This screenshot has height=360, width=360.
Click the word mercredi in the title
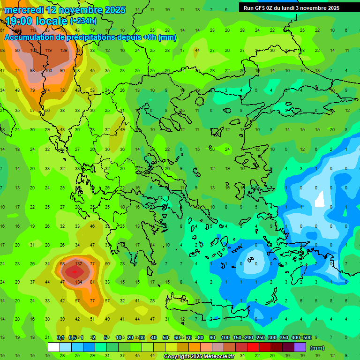[24, 10]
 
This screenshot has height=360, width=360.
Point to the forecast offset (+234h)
[83, 21]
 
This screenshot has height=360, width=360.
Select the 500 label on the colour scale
[307, 337]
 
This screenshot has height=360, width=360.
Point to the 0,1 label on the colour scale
[60, 337]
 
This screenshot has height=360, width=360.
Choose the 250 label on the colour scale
[260, 337]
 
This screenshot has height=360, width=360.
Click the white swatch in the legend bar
[54, 347]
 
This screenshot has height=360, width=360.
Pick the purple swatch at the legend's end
[300, 347]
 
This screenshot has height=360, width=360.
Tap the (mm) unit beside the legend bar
[317, 348]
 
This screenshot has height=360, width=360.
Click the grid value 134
[79, 282]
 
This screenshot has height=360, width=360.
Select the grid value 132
[79, 264]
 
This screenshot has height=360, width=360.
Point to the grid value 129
[63, 50]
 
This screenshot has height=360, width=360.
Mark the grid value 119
[48, 50]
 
